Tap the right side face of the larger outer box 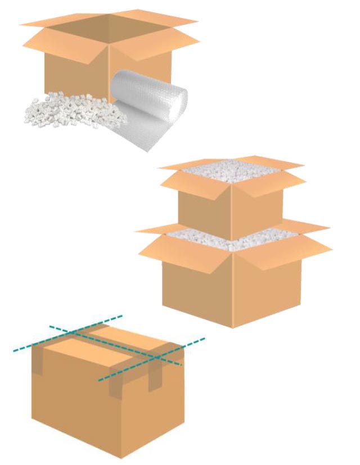click(267, 292)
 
